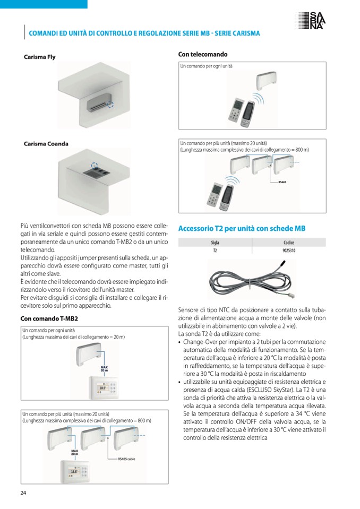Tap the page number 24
pos(23,493)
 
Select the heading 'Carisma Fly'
pos(39,57)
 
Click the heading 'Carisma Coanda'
pos(46,144)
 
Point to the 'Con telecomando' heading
pos(203,54)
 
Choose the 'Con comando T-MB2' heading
pos(49,318)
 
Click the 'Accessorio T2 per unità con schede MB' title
pos(242,228)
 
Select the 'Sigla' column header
pos(215,243)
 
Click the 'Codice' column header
pos(289,243)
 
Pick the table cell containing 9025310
pos(289,251)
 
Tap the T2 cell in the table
pos(215,251)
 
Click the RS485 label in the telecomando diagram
pos(282,182)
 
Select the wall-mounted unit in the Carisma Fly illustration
pos(98,104)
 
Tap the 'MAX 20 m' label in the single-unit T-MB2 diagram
pos(105,369)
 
